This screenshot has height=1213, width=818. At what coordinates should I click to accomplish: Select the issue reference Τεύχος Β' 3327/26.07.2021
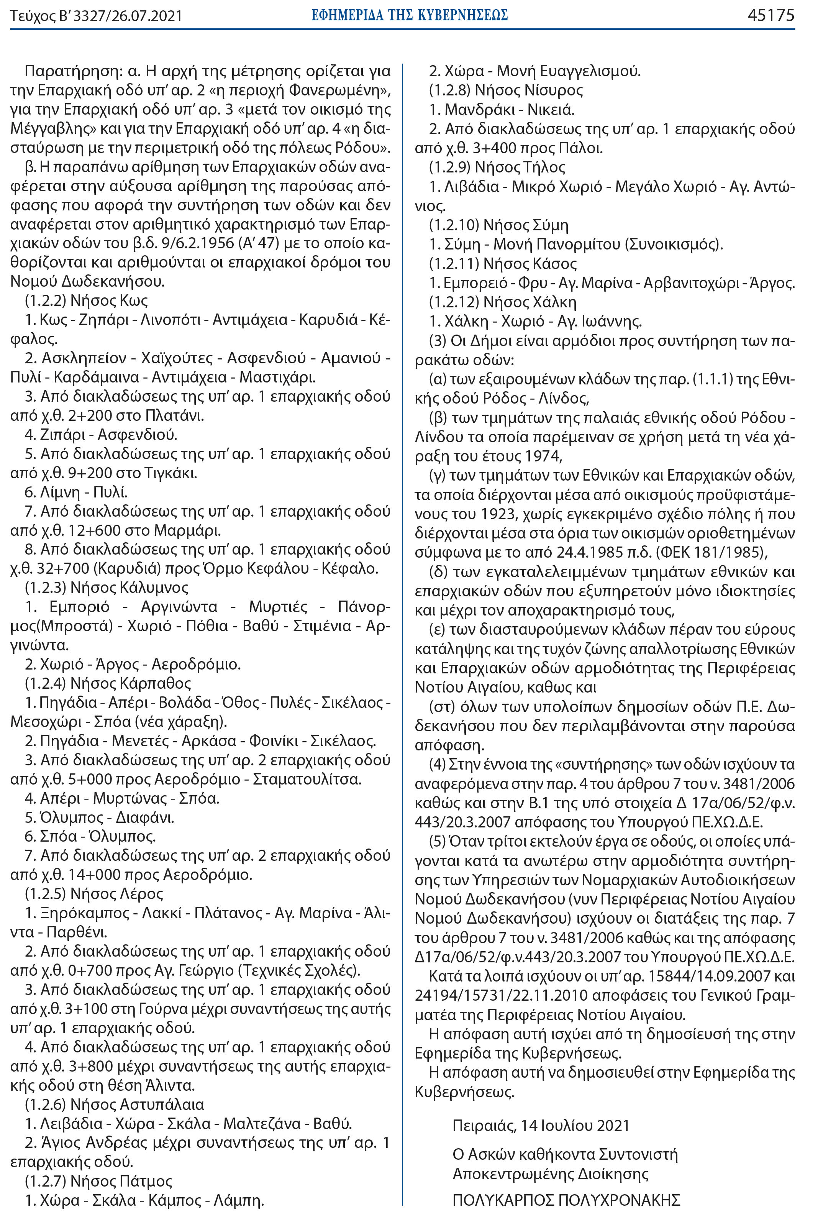coord(96,16)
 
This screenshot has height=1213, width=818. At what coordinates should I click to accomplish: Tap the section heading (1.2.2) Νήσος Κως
coord(87,300)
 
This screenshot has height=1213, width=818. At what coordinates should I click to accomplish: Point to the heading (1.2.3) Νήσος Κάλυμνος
coord(107,588)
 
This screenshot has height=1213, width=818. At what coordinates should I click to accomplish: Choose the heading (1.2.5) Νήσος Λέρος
coord(94,894)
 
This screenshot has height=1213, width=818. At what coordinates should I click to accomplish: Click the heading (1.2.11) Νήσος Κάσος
coord(503,263)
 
